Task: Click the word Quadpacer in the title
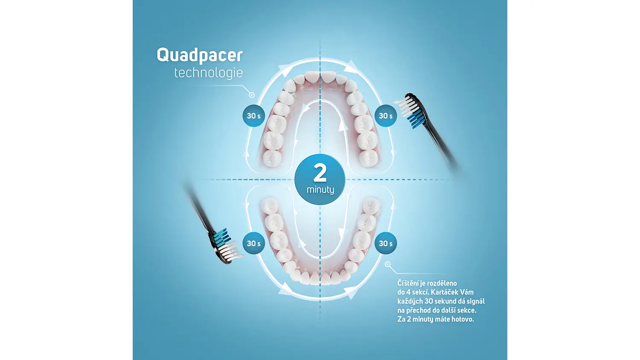click(200, 55)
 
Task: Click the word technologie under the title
click(209, 73)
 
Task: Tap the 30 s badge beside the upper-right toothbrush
click(385, 116)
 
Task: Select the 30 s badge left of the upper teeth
click(254, 116)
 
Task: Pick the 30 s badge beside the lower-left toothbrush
click(254, 243)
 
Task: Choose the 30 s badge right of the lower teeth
click(385, 243)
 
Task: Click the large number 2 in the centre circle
click(320, 173)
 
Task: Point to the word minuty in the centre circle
click(320, 190)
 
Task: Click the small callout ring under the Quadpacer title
click(252, 95)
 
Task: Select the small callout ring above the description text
click(388, 264)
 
